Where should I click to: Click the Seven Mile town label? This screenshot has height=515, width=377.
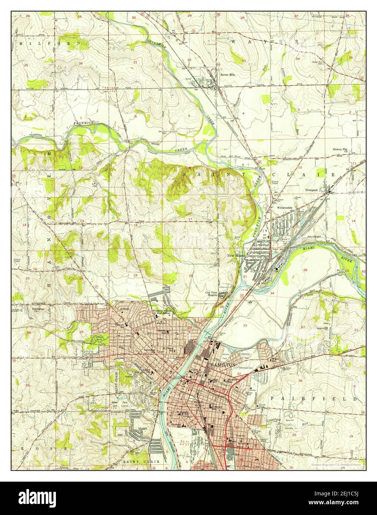[x=228, y=74]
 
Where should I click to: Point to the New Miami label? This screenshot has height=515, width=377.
[x=236, y=256]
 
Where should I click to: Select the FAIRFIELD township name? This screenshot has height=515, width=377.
[x=314, y=399]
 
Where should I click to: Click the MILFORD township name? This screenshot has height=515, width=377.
[x=48, y=44]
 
